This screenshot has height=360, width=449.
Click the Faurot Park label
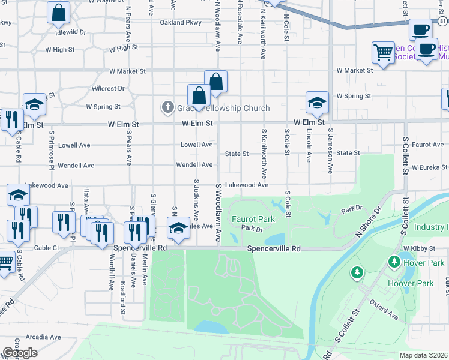click(x=254, y=219)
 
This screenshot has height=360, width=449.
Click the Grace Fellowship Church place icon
click(x=167, y=107)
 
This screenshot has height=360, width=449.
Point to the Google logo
click(x=20, y=353)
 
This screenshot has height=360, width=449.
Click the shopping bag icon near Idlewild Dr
click(x=58, y=13)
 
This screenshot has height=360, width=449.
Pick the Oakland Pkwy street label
click(x=180, y=23)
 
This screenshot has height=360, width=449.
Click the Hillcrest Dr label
click(x=109, y=88)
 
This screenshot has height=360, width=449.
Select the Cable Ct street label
click(x=47, y=247)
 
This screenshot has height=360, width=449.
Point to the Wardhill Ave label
click(x=112, y=274)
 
